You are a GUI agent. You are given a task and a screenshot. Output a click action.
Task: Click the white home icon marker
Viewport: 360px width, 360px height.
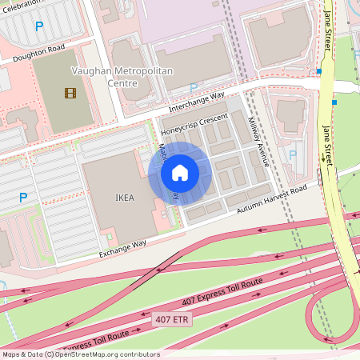click(180, 172)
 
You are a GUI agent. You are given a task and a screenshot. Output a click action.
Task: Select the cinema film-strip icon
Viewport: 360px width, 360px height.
click(71, 93)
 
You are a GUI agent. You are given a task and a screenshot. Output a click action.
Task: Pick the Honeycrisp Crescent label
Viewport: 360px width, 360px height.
click(194, 123)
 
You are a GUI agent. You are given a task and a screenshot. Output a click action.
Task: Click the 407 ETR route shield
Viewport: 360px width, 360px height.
click(171, 319)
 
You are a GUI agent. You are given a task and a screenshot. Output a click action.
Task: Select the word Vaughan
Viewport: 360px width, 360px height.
click(90, 70)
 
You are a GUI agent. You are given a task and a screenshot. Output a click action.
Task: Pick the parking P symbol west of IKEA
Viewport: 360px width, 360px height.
click(23, 197)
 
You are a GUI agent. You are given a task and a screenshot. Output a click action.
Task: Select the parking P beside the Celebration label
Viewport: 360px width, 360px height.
click(39, 26)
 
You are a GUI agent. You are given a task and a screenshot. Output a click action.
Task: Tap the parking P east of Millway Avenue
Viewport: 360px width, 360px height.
click(292, 154)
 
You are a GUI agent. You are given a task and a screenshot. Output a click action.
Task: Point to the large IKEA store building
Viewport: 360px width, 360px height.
click(120, 200)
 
